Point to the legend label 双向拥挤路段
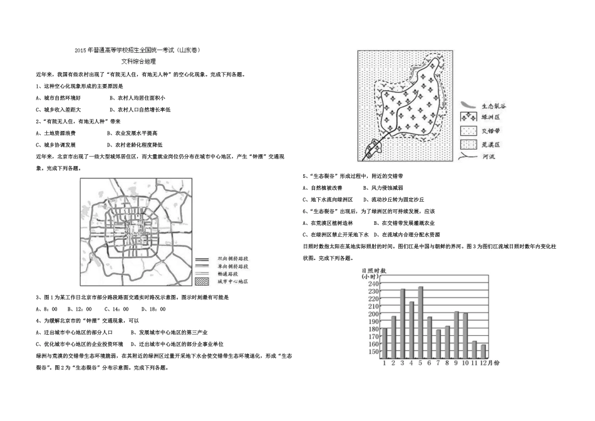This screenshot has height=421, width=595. (x=232, y=258)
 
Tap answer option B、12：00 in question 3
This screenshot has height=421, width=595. (x=80, y=309)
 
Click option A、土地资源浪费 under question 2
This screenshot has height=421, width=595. (x=56, y=133)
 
